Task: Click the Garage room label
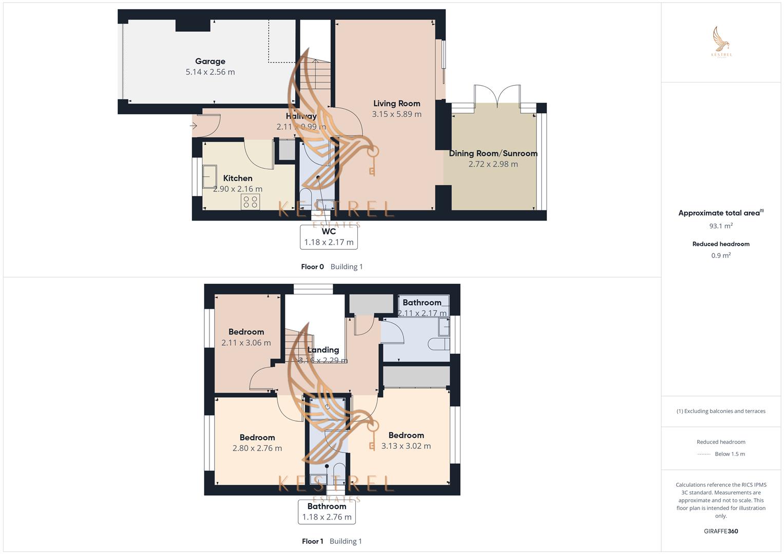pos(210,61)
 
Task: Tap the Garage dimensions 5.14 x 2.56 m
pos(210,72)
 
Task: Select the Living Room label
pos(396,104)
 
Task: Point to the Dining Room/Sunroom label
pos(493,153)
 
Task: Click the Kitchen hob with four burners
pos(251,202)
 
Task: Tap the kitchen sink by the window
pos(209,176)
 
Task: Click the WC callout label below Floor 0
pos(329,237)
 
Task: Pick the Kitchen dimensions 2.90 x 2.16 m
pos(238,189)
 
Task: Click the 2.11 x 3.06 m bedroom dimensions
pos(246,343)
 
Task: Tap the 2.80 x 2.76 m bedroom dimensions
pos(257,448)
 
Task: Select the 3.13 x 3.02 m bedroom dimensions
pos(406,446)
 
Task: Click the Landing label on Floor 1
pos(323,350)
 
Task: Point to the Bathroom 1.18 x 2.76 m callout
pos(327,512)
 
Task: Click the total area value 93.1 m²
pos(721,226)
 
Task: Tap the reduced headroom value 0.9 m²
pos(721,255)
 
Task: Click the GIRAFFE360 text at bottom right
pos(721,531)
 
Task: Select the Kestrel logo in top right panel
pos(721,42)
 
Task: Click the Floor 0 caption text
pos(312,267)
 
